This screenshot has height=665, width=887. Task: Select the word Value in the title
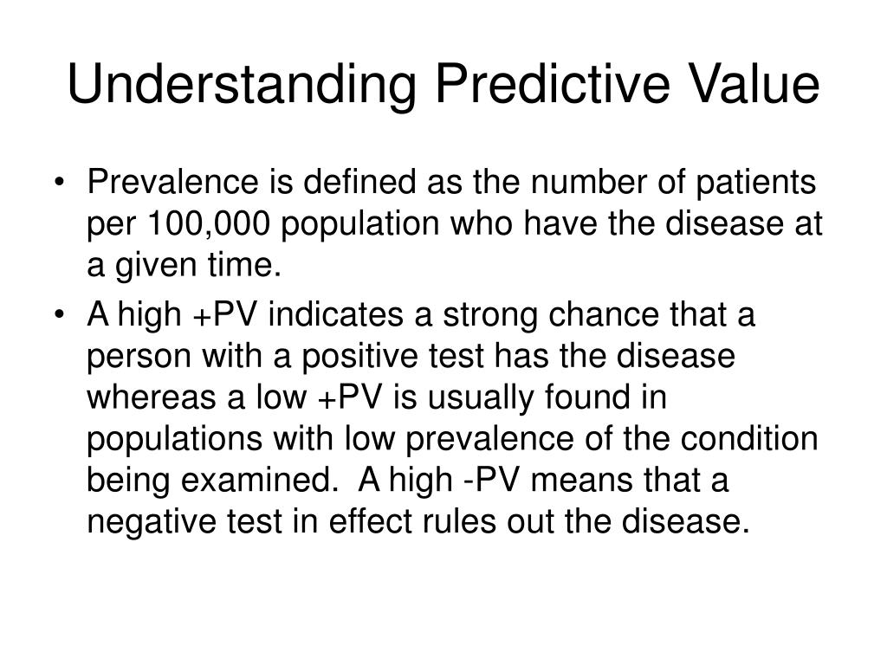coord(755,87)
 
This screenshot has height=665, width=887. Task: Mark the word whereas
coord(148,398)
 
